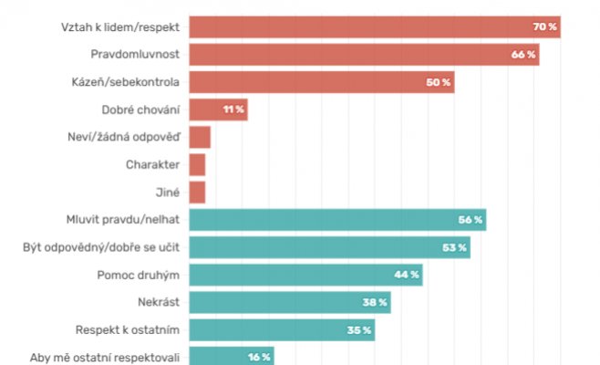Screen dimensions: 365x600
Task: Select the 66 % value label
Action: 523,55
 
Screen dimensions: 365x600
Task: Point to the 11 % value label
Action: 233,109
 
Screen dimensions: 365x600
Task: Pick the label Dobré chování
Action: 140,109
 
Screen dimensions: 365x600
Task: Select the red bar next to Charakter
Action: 197,165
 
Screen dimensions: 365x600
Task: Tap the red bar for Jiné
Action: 197,193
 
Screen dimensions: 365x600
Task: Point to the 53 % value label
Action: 455,247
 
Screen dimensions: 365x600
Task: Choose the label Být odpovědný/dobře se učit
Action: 100,247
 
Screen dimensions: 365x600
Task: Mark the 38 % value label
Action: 376,302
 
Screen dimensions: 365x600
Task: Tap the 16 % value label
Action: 258,357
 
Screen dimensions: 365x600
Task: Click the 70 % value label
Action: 544,27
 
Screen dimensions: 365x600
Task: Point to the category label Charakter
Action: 152,165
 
